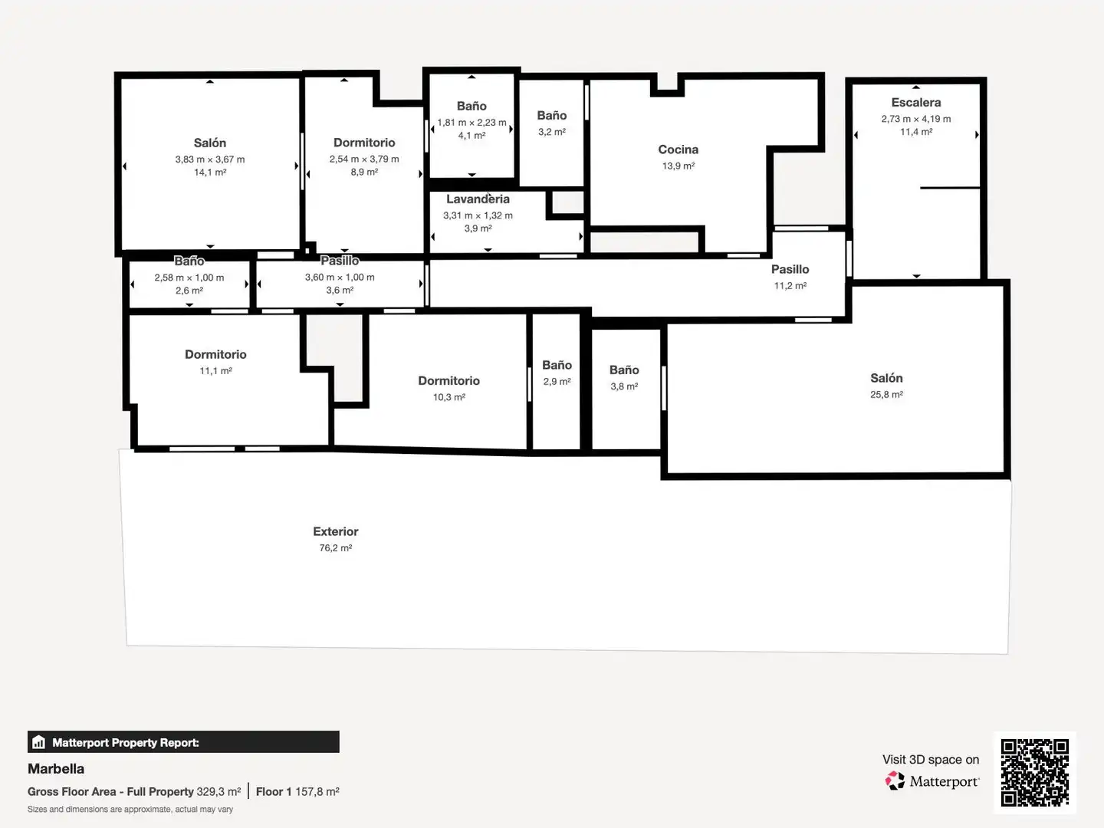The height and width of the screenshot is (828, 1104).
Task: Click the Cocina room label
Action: click(x=678, y=149)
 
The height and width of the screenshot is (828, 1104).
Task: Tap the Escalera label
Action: click(x=916, y=103)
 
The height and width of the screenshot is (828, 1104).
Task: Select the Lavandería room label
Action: click(x=478, y=199)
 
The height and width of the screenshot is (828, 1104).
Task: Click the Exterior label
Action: click(x=336, y=531)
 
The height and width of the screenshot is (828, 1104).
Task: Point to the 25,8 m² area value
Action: click(x=886, y=395)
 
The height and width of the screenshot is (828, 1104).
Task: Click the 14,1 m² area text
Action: click(x=210, y=172)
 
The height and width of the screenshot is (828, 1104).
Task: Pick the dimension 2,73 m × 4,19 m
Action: click(x=916, y=119)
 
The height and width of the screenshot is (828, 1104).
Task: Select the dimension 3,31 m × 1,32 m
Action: click(x=478, y=215)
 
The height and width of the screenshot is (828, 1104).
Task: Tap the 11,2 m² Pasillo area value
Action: click(x=790, y=286)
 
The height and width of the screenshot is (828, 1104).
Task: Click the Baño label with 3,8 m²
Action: click(x=624, y=370)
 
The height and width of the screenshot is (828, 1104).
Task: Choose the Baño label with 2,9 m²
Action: click(x=557, y=365)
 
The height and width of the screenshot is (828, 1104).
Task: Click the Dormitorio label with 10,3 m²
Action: click(x=449, y=380)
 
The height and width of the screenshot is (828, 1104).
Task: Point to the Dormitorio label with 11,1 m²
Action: click(x=215, y=354)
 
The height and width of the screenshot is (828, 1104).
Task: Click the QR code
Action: click(x=1034, y=772)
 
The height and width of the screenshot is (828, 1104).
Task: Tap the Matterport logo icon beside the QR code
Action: click(x=895, y=780)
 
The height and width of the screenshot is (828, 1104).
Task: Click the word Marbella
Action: click(x=56, y=769)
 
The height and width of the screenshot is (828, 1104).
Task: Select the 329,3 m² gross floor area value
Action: click(x=219, y=792)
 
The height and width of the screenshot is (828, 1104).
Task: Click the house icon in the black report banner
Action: click(x=39, y=742)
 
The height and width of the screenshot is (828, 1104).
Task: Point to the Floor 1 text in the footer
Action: click(x=274, y=792)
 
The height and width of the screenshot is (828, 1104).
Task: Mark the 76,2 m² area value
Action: click(x=336, y=548)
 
